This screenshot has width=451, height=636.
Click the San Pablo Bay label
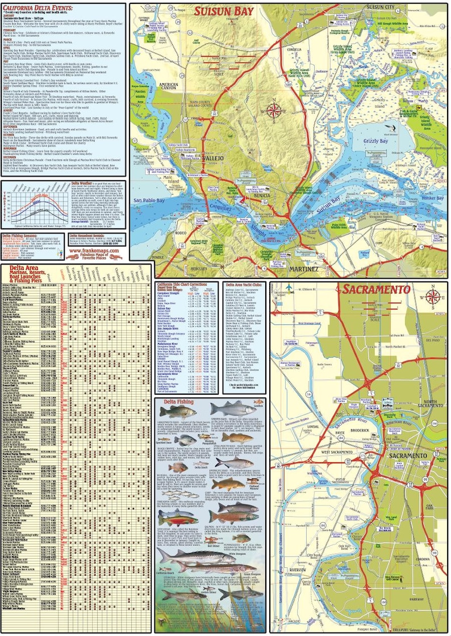coord(145,201)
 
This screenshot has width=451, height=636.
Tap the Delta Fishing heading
coord(181,403)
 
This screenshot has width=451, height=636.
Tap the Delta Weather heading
coord(83,184)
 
